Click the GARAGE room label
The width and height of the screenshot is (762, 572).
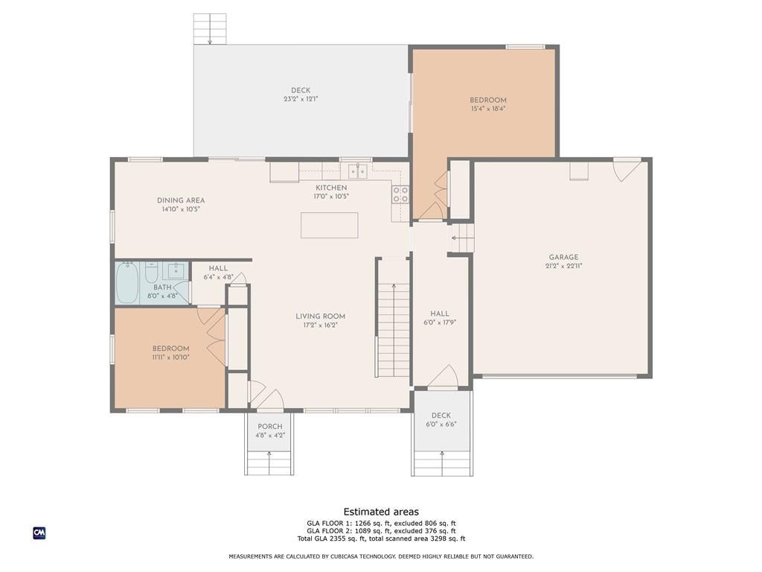click(x=564, y=257)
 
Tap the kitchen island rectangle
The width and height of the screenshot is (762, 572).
click(x=329, y=225)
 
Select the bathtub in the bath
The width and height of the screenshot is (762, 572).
click(x=127, y=282)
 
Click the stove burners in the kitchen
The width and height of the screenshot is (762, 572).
click(x=400, y=194)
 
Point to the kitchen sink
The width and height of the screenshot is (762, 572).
click(x=358, y=171)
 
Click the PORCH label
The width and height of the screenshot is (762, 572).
click(x=269, y=427)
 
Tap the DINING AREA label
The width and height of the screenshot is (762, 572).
click(x=181, y=200)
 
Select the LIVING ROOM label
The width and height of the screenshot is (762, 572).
click(x=321, y=316)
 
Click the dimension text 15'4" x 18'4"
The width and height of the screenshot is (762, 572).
click(x=488, y=109)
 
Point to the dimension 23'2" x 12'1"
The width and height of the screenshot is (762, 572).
click(x=301, y=99)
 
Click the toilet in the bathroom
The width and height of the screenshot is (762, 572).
click(x=152, y=273)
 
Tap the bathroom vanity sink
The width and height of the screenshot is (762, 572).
click(x=175, y=269)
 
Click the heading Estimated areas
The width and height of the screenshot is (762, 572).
click(x=381, y=512)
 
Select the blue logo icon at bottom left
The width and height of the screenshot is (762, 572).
click(x=39, y=533)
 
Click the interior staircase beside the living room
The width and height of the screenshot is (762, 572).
click(x=394, y=330)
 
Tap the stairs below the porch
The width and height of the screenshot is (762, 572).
click(x=269, y=463)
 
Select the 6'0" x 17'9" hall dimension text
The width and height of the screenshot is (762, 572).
click(x=440, y=322)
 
